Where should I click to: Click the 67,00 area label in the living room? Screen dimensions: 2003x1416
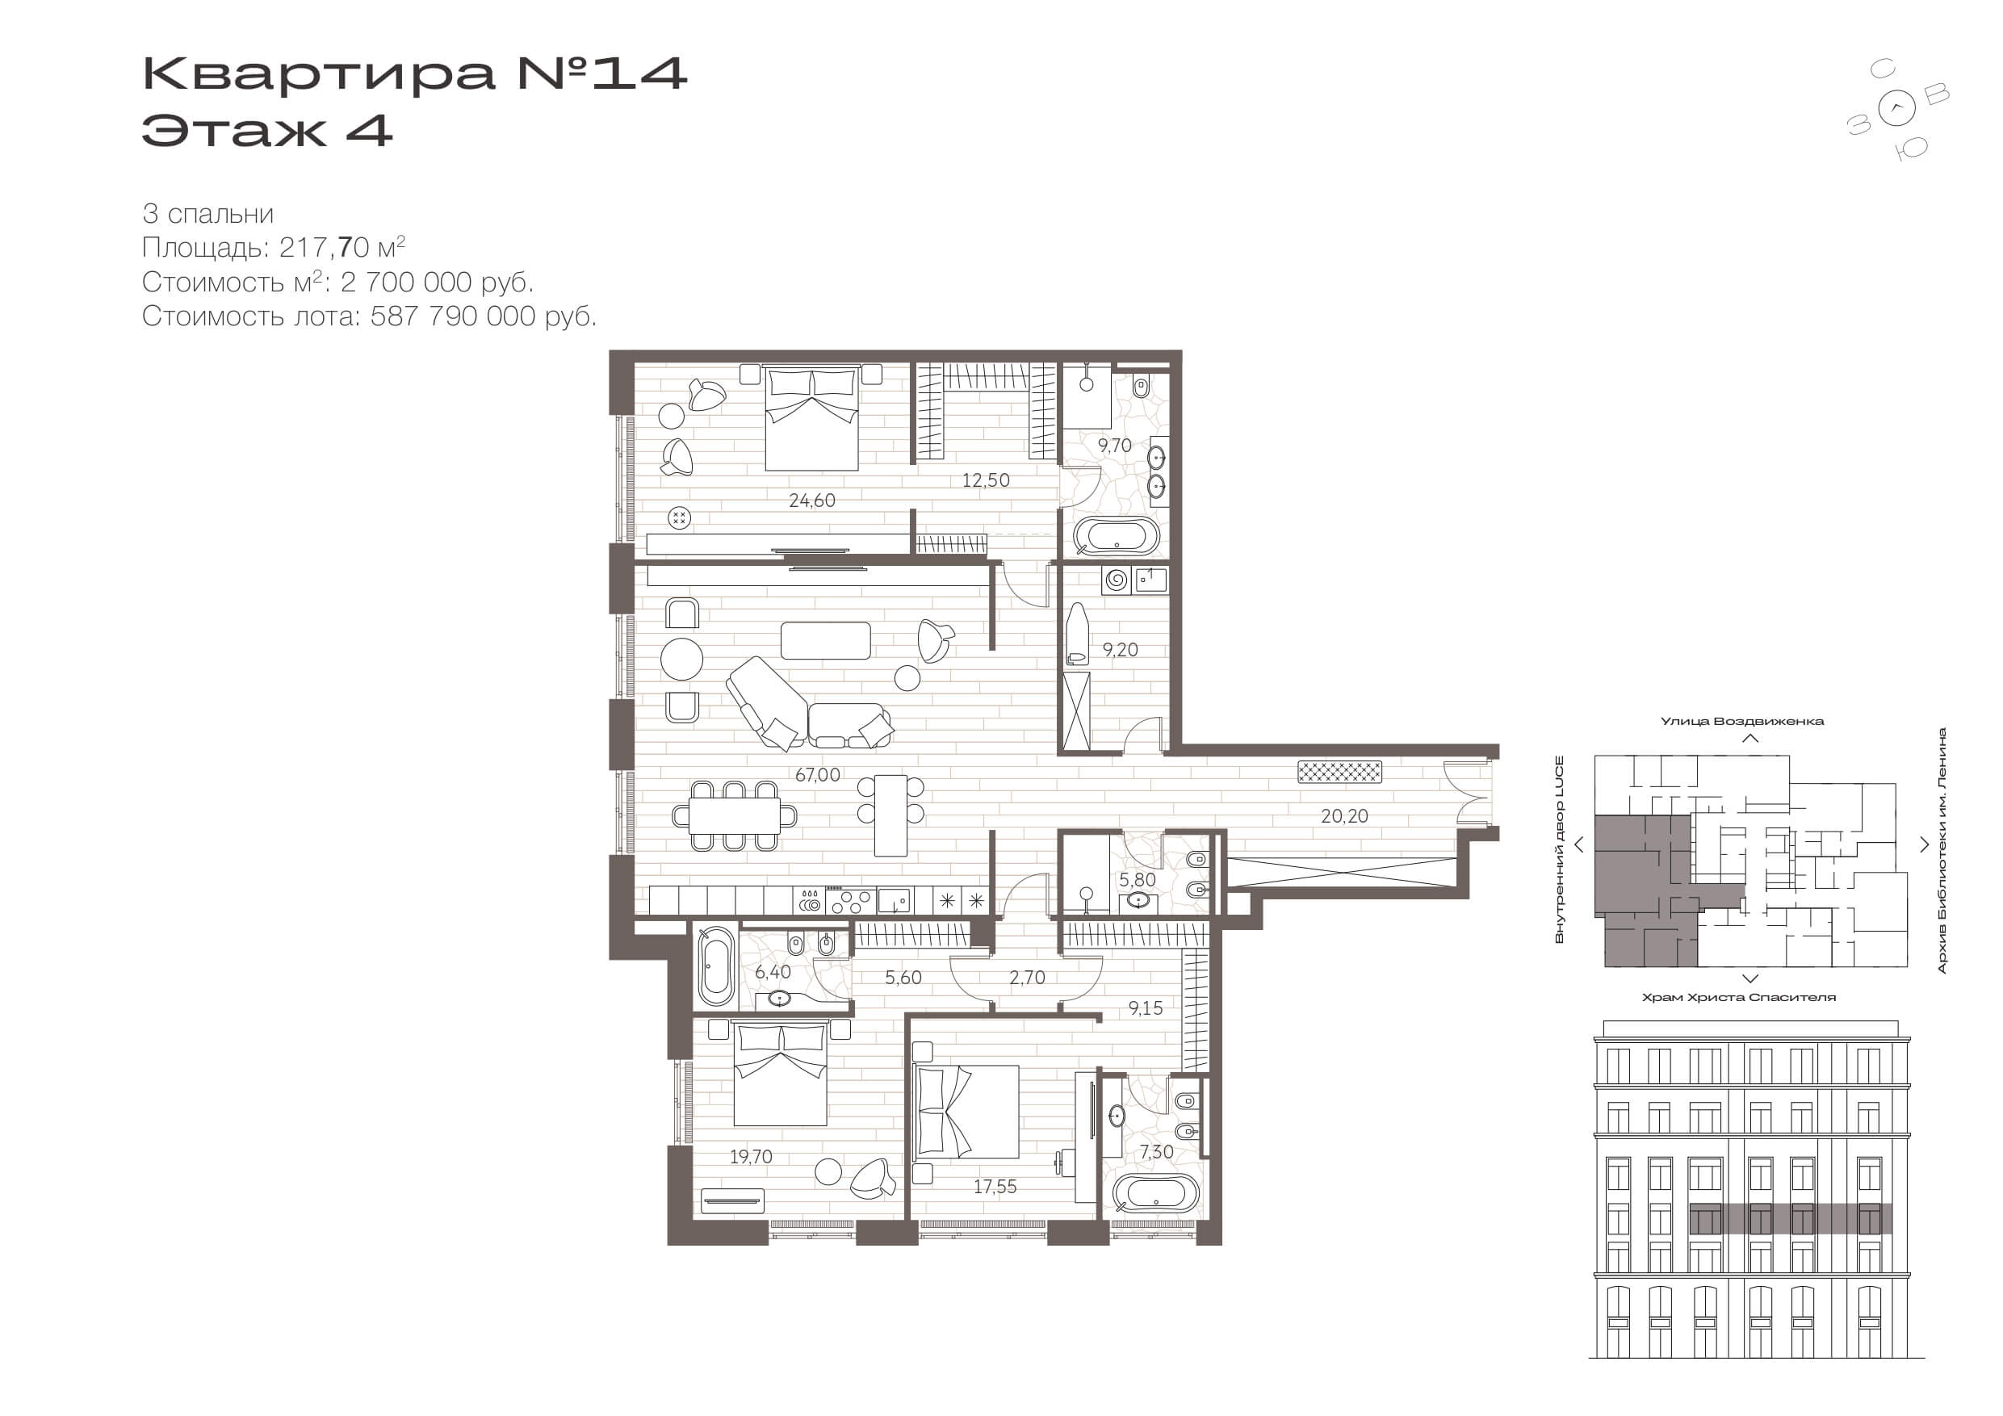[817, 775]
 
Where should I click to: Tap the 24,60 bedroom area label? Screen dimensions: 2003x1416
[811, 501]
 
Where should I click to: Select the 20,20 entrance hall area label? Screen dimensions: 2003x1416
[1344, 817]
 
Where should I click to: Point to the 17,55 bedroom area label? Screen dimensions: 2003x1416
[995, 1187]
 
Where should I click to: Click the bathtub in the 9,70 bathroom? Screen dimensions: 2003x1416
[1117, 537]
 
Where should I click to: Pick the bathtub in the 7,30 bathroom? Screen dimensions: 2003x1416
[1156, 1193]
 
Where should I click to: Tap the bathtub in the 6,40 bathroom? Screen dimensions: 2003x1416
[716, 966]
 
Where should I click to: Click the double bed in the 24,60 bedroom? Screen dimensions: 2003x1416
[811, 418]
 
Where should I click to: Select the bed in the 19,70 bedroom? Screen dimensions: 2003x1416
[780, 1075]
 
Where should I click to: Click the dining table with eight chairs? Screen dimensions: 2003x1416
[735, 815]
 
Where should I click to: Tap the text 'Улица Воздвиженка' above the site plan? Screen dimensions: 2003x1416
[1741, 722]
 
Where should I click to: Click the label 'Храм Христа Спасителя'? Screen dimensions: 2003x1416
[1740, 997]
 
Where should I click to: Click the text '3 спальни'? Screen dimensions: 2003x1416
[207, 215]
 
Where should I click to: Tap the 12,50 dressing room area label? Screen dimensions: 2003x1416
[986, 480]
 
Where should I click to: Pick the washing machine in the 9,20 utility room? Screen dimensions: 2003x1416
[1117, 580]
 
